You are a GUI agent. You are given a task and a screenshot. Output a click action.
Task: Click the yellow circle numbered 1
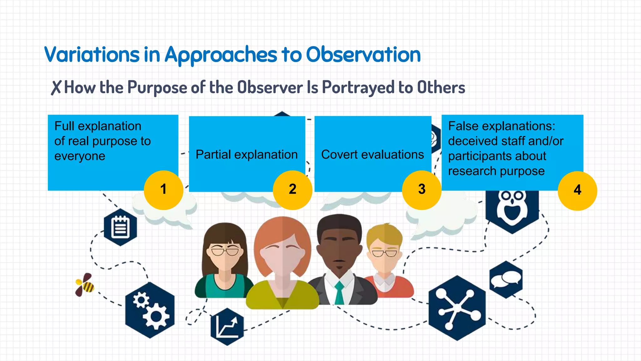[x=163, y=190]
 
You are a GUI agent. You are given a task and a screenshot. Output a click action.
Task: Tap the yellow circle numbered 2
[x=292, y=190]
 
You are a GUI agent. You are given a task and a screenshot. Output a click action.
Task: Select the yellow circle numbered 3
[x=422, y=190]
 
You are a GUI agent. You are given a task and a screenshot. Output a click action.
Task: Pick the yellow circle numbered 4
[x=577, y=191]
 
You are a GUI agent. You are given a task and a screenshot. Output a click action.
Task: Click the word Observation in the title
[x=363, y=55]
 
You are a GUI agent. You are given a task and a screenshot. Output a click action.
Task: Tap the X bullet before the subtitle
[x=56, y=88]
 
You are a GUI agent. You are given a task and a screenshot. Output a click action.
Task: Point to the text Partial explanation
[x=247, y=154]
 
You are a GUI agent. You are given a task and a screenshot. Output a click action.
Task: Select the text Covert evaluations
[x=372, y=154]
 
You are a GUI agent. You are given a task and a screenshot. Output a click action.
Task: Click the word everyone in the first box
[x=80, y=156]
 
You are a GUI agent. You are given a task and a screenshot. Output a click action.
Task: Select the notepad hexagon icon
[x=121, y=227]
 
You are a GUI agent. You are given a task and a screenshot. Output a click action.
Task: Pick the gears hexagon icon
[x=150, y=310]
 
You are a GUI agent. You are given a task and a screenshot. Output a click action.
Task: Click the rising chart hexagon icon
[x=227, y=327]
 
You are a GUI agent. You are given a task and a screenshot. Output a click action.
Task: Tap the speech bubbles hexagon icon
[x=506, y=279]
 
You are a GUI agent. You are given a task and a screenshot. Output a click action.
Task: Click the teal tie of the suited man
[x=339, y=293]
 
